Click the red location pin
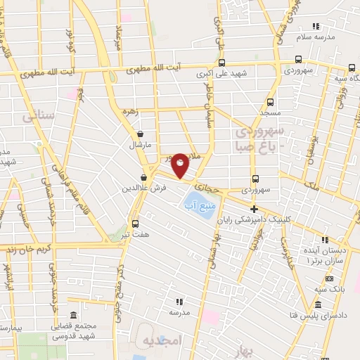[x=181, y=165]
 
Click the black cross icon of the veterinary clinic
[x=255, y=209]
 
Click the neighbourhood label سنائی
[x=39, y=117]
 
